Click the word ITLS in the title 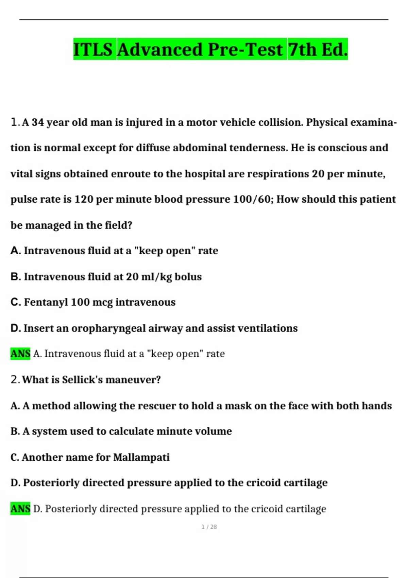[93, 50]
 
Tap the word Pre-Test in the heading [245, 50]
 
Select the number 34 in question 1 [38, 122]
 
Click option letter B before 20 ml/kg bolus [15, 276]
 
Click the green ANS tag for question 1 [20, 354]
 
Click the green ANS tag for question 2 [20, 509]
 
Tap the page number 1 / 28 [209, 527]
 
